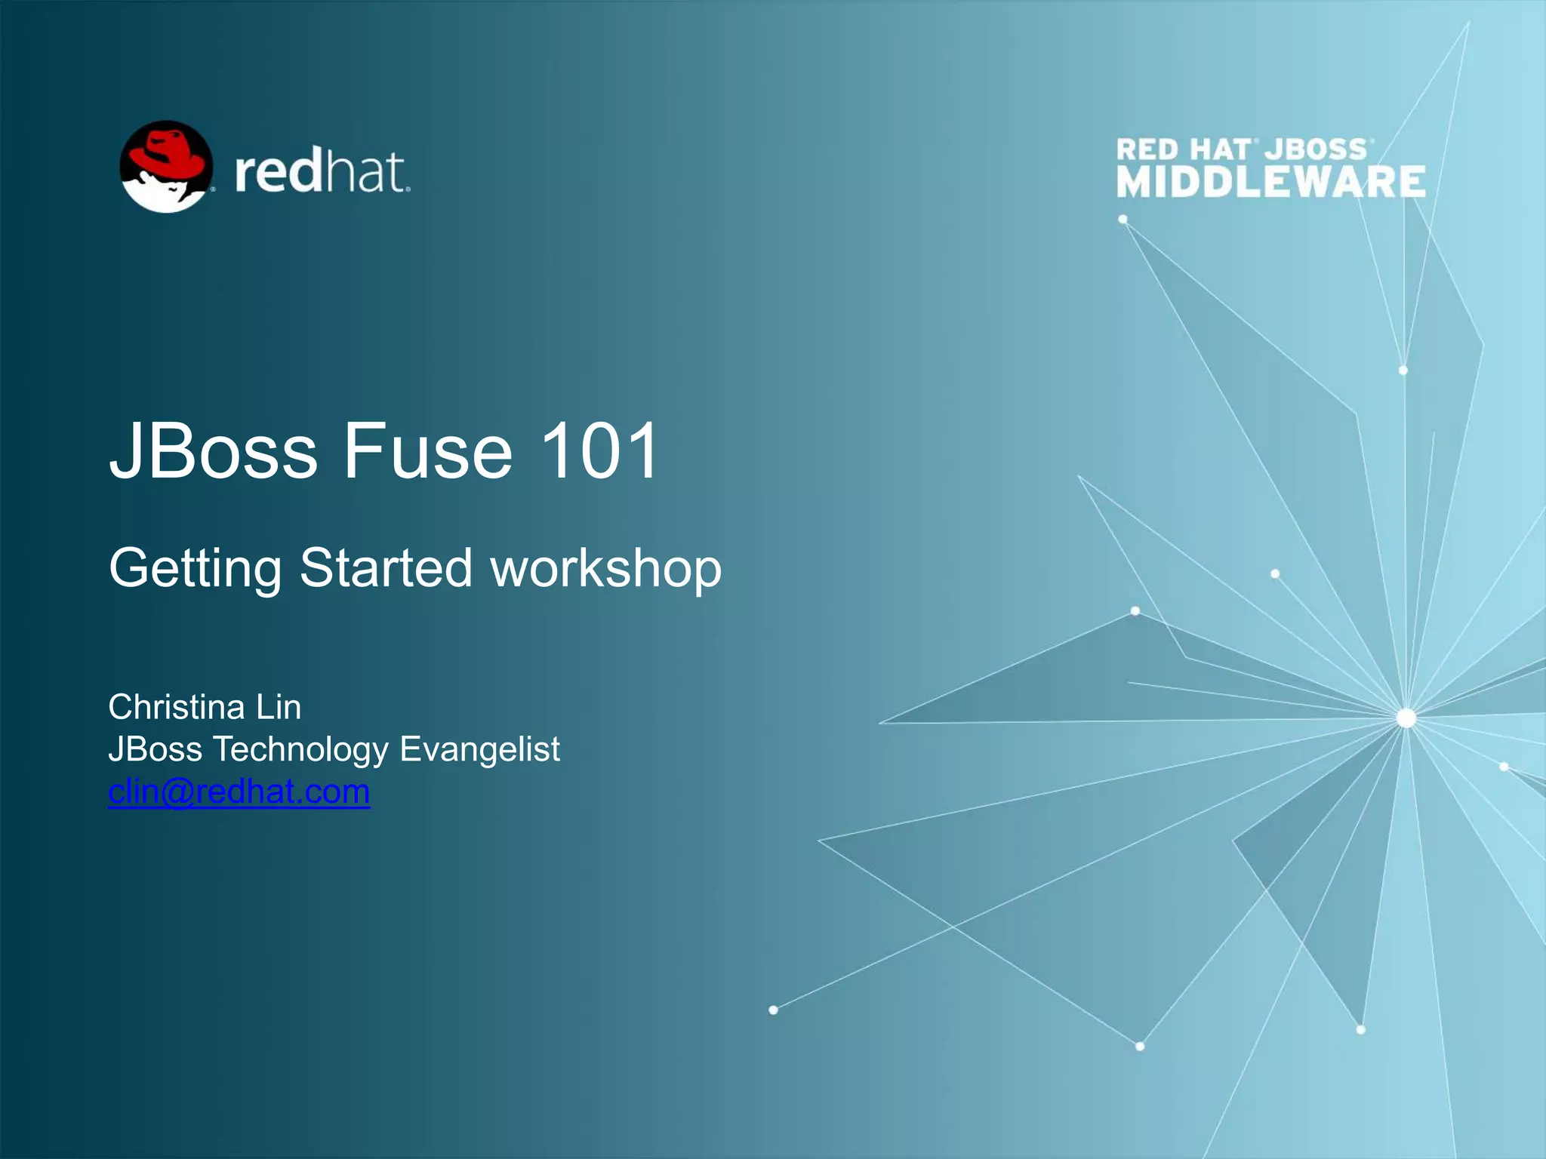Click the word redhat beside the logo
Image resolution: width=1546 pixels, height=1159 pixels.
click(322, 173)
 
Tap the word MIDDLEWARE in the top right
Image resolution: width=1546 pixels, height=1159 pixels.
click(1270, 183)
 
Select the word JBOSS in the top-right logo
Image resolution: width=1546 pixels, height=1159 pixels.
click(1317, 149)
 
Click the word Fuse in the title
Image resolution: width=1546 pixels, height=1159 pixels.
click(428, 451)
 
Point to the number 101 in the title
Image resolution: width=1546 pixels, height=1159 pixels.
click(599, 451)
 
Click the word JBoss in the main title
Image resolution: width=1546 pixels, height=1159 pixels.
click(214, 451)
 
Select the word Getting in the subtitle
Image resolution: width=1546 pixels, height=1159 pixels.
click(195, 569)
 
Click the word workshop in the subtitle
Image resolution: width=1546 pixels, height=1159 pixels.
click(606, 569)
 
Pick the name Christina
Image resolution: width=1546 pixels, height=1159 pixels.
click(177, 707)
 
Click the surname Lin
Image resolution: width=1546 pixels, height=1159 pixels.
click(279, 707)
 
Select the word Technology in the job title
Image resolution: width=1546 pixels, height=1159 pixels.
click(300, 750)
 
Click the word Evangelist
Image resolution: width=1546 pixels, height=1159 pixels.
click(479, 750)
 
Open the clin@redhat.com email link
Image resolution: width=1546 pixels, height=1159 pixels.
click(239, 792)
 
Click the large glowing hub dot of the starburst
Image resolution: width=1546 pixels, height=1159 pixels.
click(1406, 718)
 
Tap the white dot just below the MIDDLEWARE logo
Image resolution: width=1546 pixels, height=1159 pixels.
click(1123, 220)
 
